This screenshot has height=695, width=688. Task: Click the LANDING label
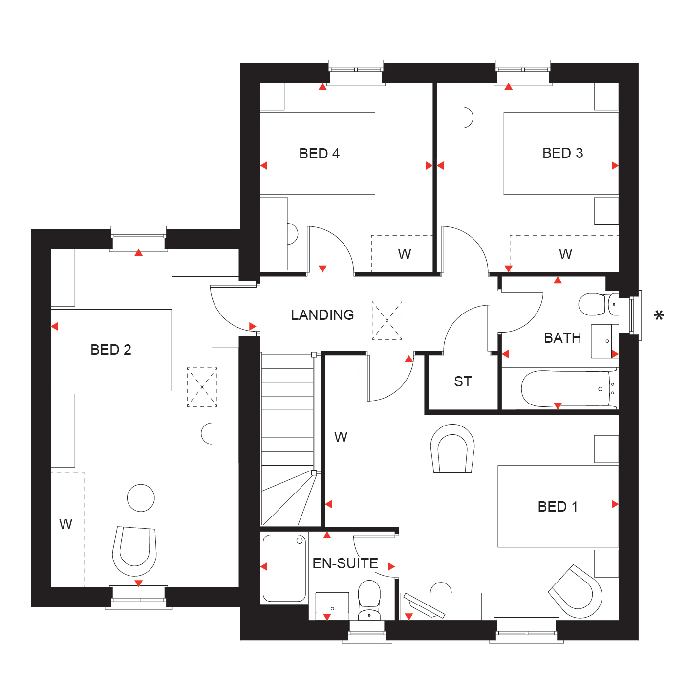point(322,315)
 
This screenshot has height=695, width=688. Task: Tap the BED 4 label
point(319,154)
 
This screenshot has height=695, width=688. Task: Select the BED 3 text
point(562,153)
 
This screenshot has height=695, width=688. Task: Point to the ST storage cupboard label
point(463,381)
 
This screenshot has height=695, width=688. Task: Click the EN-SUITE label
point(345,563)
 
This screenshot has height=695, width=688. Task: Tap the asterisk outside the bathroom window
point(659,316)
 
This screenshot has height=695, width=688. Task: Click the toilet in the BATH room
point(598,304)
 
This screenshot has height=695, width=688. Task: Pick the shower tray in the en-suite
point(284,568)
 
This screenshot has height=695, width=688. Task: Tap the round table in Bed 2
point(141,498)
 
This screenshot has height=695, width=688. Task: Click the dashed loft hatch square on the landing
point(387,320)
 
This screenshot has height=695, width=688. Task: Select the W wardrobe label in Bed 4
point(405,254)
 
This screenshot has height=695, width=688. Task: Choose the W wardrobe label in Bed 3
point(565,254)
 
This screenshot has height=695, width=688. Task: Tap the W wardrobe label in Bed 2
point(65,524)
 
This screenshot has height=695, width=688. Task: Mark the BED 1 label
point(558,507)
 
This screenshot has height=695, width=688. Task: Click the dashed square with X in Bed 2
point(202,387)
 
